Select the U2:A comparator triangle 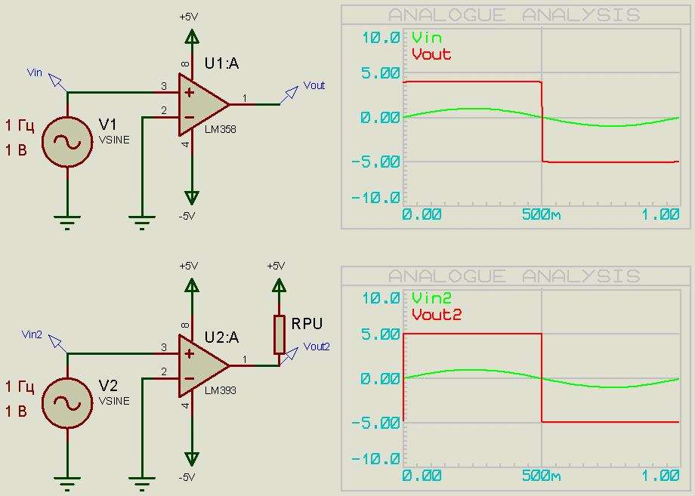click(201, 365)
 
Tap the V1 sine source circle click(67, 141)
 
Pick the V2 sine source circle click(67, 402)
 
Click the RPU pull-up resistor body click(280, 333)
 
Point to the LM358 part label click(220, 130)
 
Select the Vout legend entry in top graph click(431, 54)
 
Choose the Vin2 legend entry click(432, 298)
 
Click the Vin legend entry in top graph click(427, 38)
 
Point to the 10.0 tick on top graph click(381, 38)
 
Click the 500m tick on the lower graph click(541, 476)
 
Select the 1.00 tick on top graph click(660, 214)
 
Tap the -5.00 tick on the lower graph click(375, 422)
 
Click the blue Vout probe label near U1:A click(314, 86)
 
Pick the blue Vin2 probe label click(32, 334)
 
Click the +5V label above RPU click(276, 266)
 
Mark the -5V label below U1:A click(187, 216)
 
